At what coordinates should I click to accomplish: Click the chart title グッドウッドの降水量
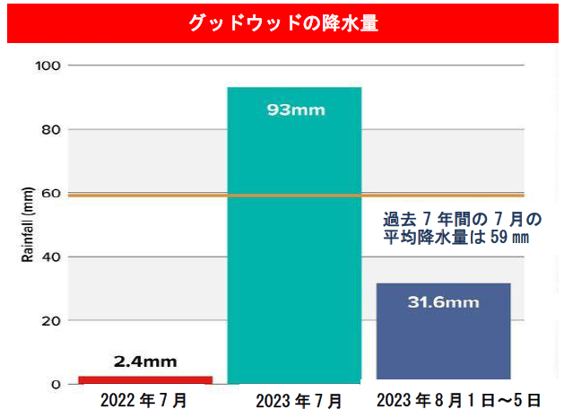click(x=282, y=22)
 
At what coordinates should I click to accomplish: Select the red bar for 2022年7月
click(x=145, y=380)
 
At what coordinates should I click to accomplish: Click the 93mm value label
click(x=296, y=110)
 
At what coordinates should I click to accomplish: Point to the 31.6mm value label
click(x=443, y=302)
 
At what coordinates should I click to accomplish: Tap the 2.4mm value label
click(x=145, y=362)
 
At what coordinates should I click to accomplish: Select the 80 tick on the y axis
click(x=49, y=129)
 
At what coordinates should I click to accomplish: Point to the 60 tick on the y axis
click(x=49, y=194)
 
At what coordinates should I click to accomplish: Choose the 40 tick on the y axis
click(x=49, y=257)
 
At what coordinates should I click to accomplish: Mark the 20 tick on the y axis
click(x=49, y=321)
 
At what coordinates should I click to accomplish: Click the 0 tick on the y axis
click(x=54, y=385)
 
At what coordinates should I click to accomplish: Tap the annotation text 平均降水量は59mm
click(x=456, y=238)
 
